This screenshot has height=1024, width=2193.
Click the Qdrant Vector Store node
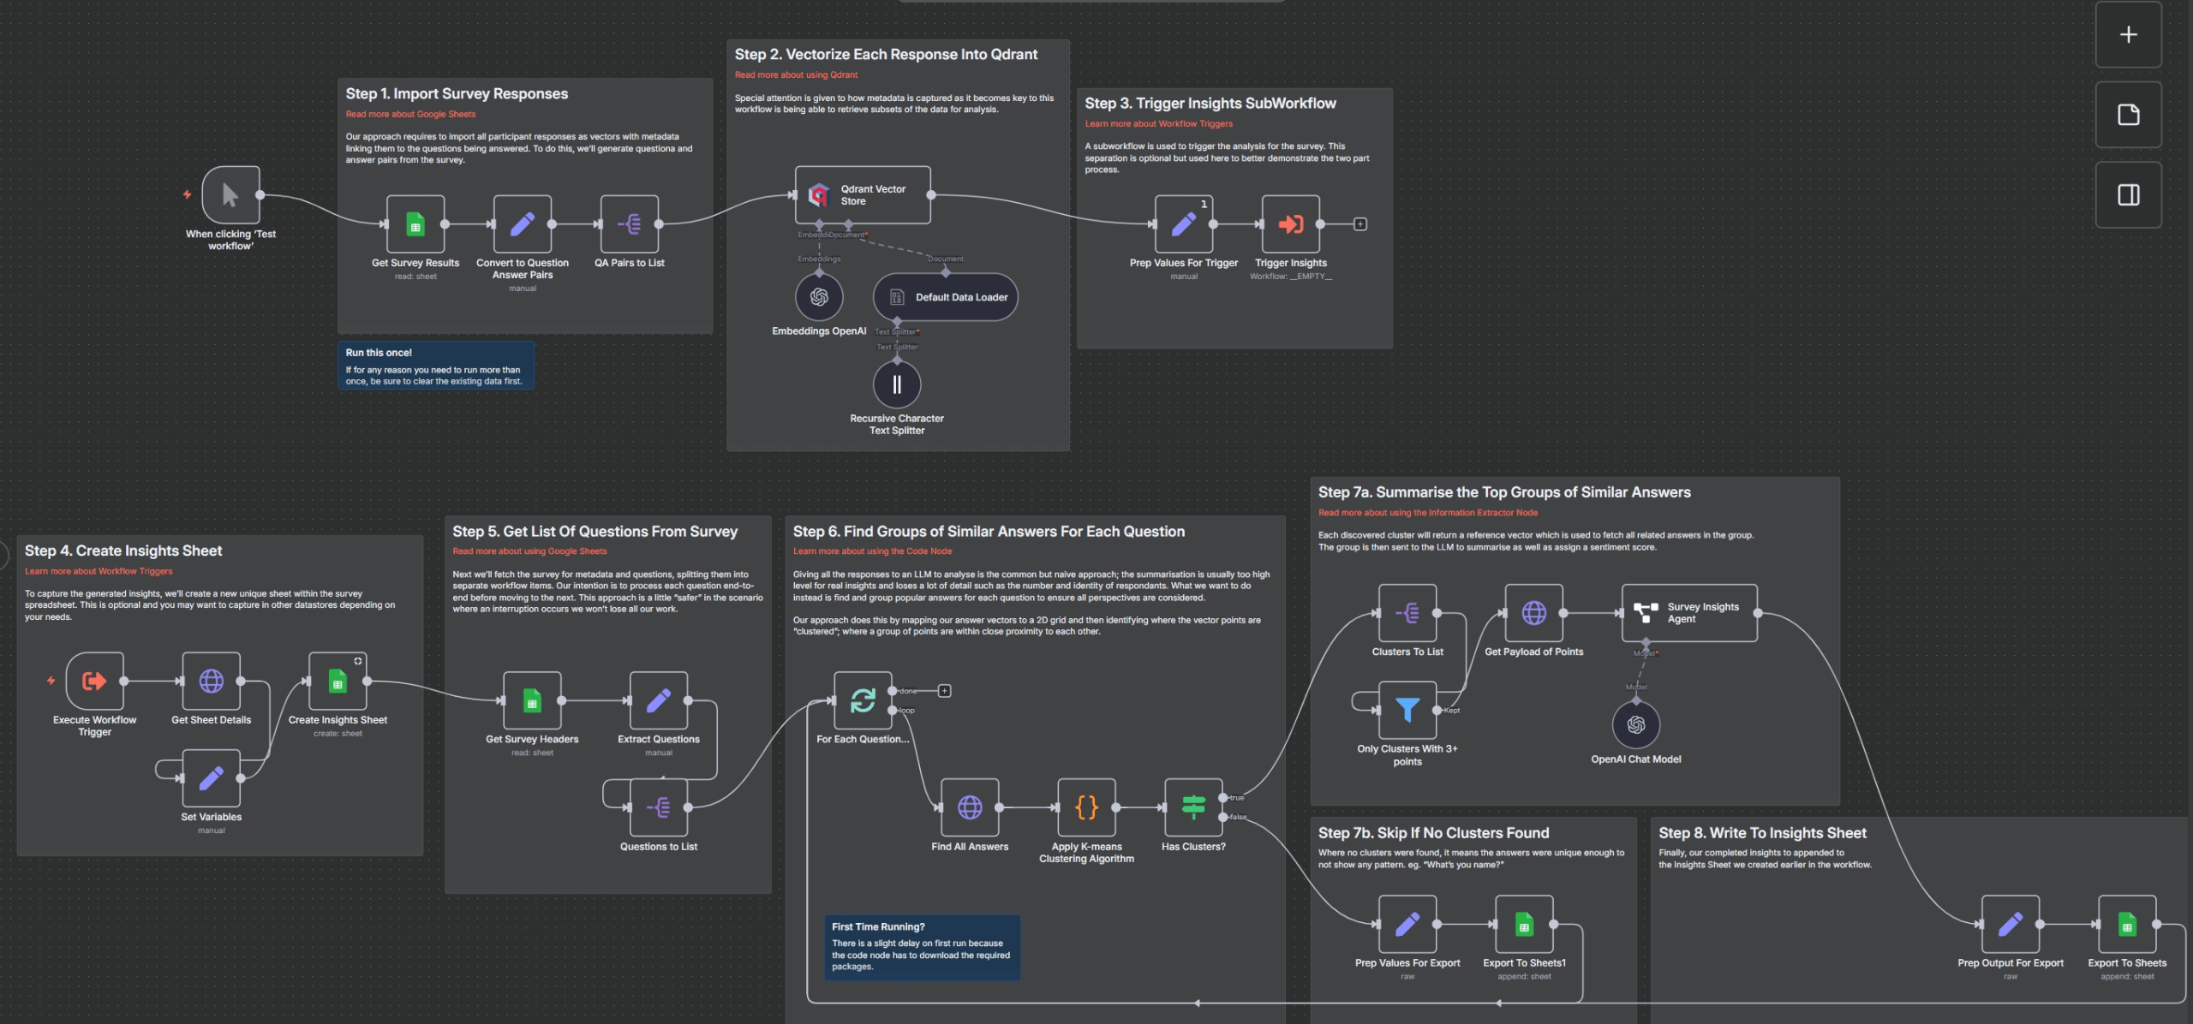(862, 195)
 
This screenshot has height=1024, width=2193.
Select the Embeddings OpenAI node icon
(819, 296)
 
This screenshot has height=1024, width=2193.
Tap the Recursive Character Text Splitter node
(897, 384)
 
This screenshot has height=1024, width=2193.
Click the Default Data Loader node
(945, 297)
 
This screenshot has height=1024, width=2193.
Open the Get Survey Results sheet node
(415, 224)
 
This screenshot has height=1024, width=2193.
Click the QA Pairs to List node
(630, 224)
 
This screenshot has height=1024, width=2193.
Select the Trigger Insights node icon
(1290, 224)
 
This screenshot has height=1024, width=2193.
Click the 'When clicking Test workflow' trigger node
(230, 195)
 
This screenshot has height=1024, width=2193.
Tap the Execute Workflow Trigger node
(94, 681)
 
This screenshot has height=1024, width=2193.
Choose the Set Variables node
(211, 777)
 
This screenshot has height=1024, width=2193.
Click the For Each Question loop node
(863, 700)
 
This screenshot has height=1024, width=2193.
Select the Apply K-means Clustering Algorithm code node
(1086, 807)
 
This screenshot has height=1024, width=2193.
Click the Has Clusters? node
(1193, 807)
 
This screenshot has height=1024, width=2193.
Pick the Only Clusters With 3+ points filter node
(1407, 710)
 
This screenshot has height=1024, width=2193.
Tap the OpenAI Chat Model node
(1635, 724)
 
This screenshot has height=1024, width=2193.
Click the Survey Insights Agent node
(1688, 613)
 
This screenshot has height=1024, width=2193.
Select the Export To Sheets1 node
(1524, 924)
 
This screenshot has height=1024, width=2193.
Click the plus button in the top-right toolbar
(2128, 34)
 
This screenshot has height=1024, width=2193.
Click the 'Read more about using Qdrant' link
(796, 75)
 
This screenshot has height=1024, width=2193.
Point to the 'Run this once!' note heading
(379, 353)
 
